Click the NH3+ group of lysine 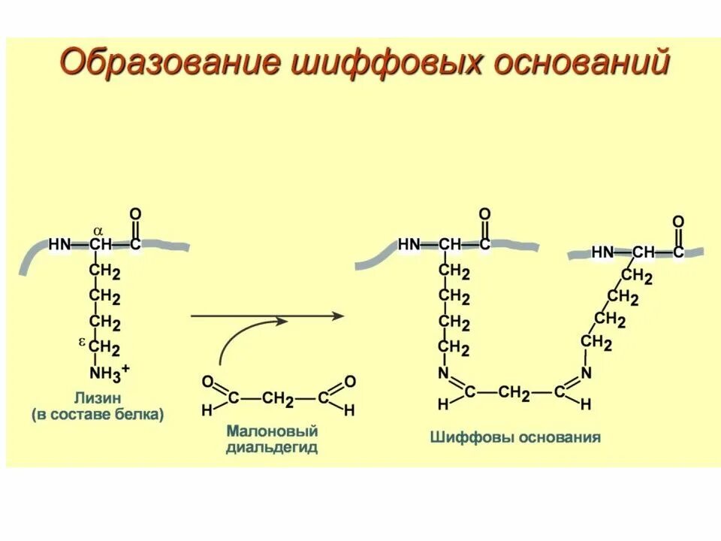click(108, 371)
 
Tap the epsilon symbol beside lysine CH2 click(82, 343)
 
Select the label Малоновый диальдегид click(272, 439)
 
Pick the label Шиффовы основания click(515, 437)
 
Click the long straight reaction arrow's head click(337, 316)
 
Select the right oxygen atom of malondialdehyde click(350, 382)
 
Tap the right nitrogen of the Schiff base click(587, 373)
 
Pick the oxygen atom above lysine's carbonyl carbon click(135, 214)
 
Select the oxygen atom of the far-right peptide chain click(677, 222)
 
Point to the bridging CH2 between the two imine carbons click(516, 392)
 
